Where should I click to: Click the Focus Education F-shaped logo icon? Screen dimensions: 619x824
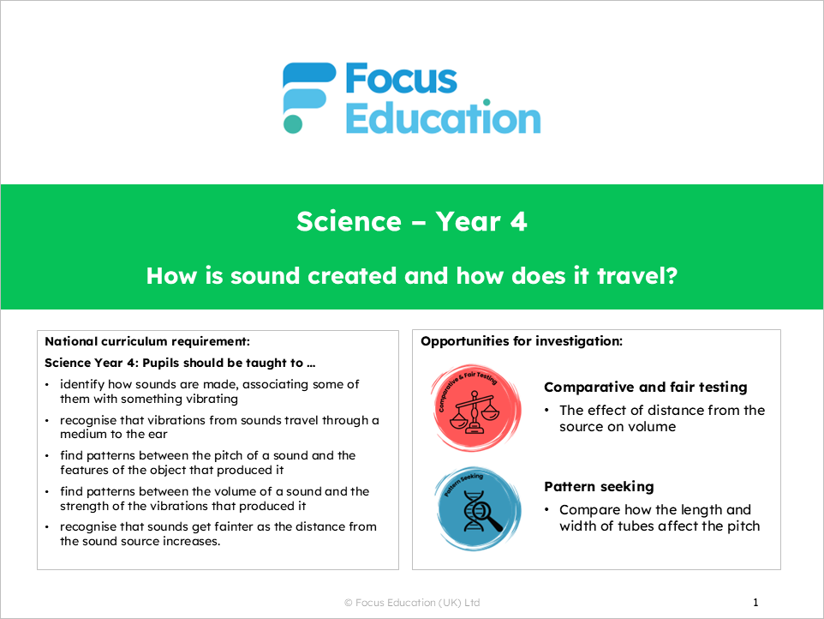(308, 97)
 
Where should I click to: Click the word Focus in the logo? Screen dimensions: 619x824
(401, 80)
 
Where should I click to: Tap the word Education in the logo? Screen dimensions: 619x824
(442, 118)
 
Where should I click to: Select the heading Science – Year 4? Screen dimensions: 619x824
(412, 222)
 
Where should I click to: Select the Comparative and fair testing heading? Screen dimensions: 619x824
(646, 388)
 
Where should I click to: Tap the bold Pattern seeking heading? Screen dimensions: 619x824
(599, 487)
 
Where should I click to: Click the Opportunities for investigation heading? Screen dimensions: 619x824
(522, 341)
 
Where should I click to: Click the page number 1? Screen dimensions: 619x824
(755, 603)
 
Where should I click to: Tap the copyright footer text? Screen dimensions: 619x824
(412, 603)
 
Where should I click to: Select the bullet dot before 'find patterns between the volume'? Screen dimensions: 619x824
(47, 491)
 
